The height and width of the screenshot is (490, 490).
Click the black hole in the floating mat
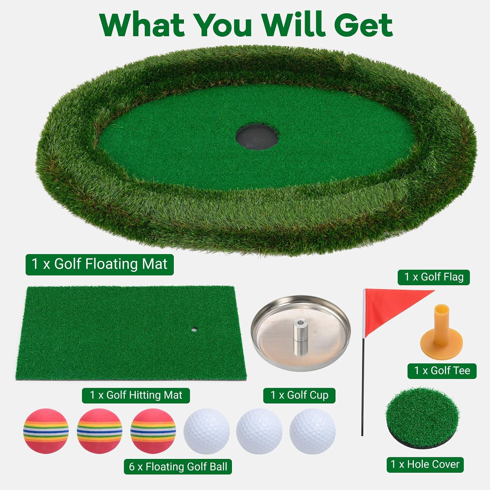[257, 137]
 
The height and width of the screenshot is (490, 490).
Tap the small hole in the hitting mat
[194, 330]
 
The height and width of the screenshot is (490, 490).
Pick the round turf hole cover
[424, 418]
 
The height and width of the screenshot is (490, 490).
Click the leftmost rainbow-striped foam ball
[46, 431]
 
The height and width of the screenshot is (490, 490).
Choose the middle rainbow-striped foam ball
[99, 431]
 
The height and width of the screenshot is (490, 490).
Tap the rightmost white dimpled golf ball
[313, 431]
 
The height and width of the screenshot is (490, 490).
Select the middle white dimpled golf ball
[259, 431]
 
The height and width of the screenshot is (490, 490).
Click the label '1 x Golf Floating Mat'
[100, 264]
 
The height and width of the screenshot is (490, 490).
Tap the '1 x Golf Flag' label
[434, 277]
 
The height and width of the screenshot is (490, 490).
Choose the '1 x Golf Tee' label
[442, 371]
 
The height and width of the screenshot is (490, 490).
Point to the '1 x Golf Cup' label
[299, 395]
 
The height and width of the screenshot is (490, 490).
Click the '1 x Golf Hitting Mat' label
[136, 395]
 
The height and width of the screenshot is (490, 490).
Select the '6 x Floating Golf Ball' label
[178, 466]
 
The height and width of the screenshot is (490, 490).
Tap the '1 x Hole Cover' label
[425, 465]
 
